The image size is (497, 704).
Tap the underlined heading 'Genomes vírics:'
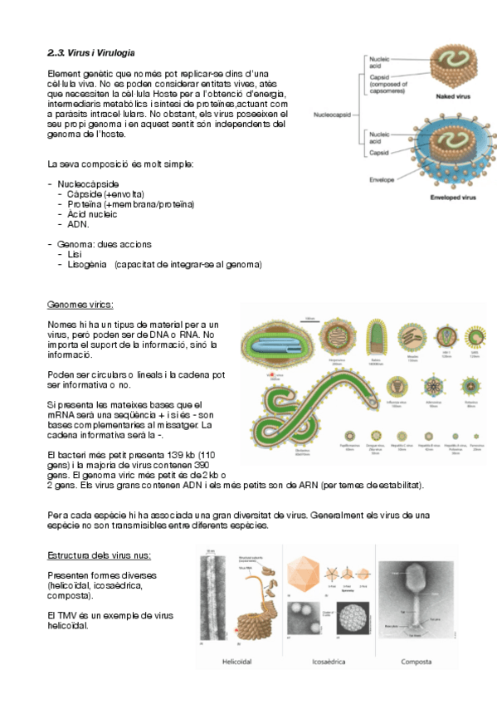tap(80, 305)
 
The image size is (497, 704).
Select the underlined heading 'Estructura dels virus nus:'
tap(99, 555)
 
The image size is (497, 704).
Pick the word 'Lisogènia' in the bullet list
tap(87, 265)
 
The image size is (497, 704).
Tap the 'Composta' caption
tap(414, 662)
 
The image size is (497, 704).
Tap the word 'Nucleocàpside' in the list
tap(88, 183)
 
